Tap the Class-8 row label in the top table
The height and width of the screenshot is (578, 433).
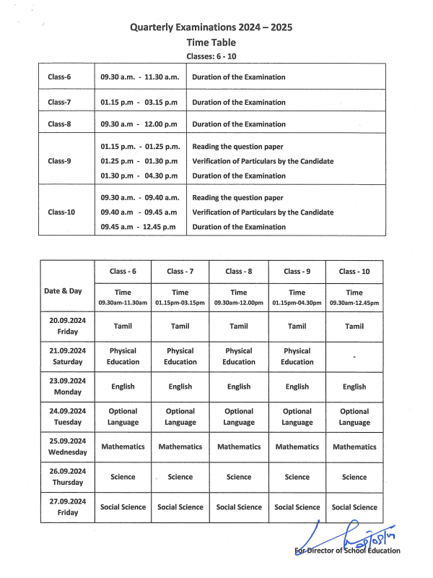pyautogui.click(x=59, y=124)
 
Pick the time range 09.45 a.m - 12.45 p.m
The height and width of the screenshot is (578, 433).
pyautogui.click(x=139, y=227)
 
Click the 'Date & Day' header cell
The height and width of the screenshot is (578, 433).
pyautogui.click(x=63, y=291)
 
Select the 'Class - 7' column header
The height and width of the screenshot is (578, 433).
pyautogui.click(x=180, y=272)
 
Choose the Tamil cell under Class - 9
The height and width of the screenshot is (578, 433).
pyautogui.click(x=297, y=327)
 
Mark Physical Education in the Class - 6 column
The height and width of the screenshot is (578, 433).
pyautogui.click(x=123, y=356)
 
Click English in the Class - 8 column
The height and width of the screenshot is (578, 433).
pyautogui.click(x=239, y=387)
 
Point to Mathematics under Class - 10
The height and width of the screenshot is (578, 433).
pyautogui.click(x=354, y=447)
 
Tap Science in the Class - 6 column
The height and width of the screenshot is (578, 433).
pyautogui.click(x=123, y=477)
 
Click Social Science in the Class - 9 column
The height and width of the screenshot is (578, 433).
pyautogui.click(x=297, y=507)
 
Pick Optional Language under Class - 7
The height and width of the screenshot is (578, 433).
pyautogui.click(x=180, y=417)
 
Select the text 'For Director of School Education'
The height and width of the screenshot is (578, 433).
pyautogui.click(x=348, y=551)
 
